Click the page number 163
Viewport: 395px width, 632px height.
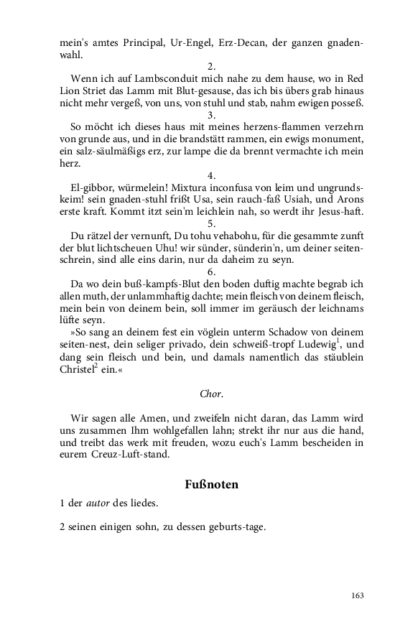pos(358,595)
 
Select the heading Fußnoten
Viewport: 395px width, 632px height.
pos(211,485)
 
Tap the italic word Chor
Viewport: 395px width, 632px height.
pos(211,394)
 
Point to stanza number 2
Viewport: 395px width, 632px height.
pos(211,66)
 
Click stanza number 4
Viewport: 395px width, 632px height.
pos(211,175)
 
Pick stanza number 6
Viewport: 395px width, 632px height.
pos(211,272)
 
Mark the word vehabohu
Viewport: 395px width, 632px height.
pos(220,236)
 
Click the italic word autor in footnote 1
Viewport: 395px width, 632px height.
pos(98,503)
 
